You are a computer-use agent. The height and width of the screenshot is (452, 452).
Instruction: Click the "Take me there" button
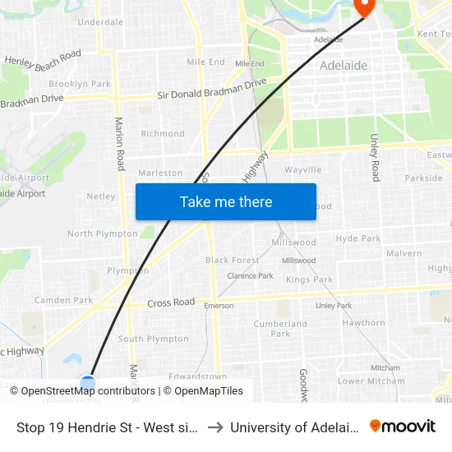[226, 201]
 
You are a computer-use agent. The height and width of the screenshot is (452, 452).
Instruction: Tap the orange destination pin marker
[363, 7]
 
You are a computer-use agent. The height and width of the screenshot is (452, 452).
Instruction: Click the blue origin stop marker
[88, 382]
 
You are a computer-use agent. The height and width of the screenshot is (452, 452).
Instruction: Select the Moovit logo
[403, 427]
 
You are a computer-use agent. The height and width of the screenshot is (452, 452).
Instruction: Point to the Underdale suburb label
[100, 22]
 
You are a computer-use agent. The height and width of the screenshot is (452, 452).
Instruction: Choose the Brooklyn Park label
[80, 84]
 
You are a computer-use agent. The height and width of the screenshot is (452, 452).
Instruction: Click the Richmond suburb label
[163, 133]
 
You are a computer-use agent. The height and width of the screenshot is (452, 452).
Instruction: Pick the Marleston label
[160, 173]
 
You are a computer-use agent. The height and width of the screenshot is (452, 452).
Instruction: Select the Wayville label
[302, 169]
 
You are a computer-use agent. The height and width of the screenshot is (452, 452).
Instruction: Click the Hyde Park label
[358, 238]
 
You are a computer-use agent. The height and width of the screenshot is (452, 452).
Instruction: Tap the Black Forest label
[233, 260]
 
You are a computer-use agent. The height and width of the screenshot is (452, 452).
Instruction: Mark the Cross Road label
[171, 302]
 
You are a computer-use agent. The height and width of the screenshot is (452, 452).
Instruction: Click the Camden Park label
[63, 300]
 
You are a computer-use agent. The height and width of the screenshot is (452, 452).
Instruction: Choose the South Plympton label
[154, 339]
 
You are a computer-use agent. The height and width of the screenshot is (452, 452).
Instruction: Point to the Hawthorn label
[363, 323]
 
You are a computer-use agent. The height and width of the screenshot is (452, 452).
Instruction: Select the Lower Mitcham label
[371, 381]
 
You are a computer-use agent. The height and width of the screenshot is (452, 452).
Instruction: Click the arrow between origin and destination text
[214, 427]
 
